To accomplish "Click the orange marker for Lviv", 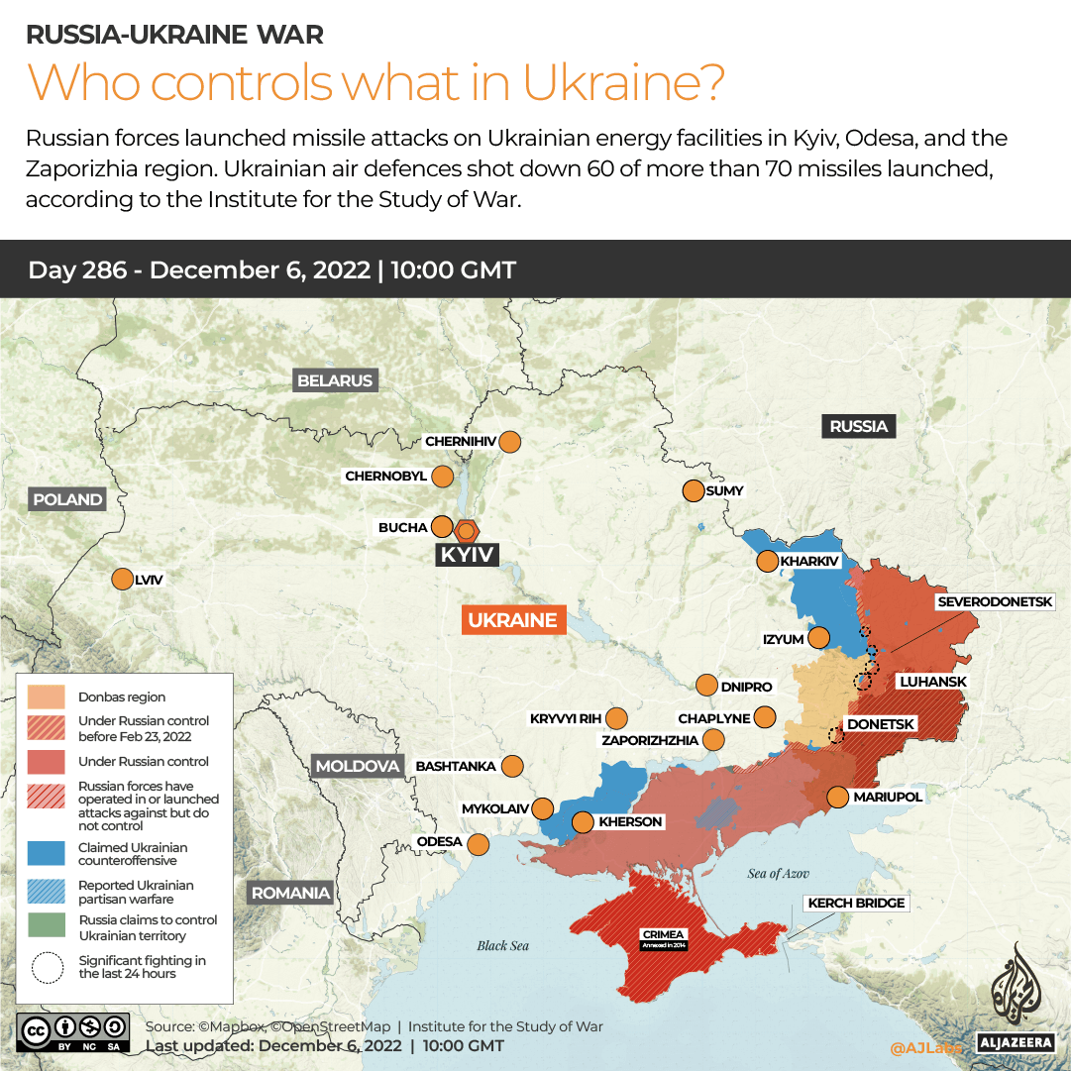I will [x=122, y=580].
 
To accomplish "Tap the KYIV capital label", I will [x=467, y=555].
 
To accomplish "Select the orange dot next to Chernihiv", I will [x=510, y=441].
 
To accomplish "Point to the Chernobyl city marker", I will [x=442, y=477].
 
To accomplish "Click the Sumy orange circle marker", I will [x=692, y=490].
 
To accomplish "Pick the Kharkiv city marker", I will [x=767, y=562].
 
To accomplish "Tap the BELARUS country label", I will [x=335, y=380].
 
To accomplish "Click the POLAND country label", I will [x=67, y=499].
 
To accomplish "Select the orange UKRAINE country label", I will [x=512, y=620].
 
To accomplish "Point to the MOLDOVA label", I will [x=357, y=766].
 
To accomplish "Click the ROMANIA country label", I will [x=290, y=893].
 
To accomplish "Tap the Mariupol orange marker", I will [x=837, y=797].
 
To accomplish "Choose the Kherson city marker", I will [x=583, y=821].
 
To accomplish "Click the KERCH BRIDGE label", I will [x=855, y=903].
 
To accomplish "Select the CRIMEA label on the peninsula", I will [x=663, y=934].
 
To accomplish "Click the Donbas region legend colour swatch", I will [x=47, y=696].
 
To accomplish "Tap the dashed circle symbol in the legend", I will [x=47, y=967].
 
